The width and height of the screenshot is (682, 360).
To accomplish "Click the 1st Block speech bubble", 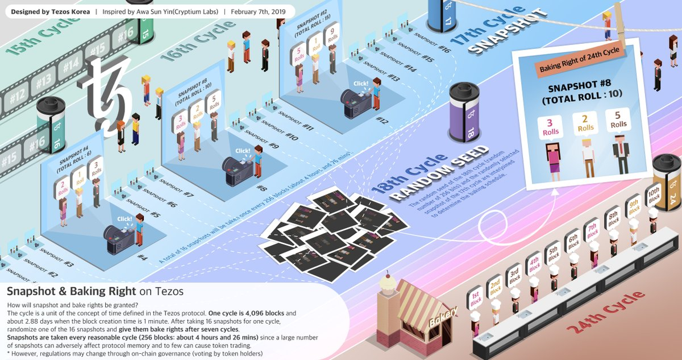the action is coord(476,299).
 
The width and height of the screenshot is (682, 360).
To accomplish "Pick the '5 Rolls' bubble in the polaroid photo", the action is coord(618,119).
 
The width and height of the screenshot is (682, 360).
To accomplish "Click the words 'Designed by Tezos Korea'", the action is coord(50,11).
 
